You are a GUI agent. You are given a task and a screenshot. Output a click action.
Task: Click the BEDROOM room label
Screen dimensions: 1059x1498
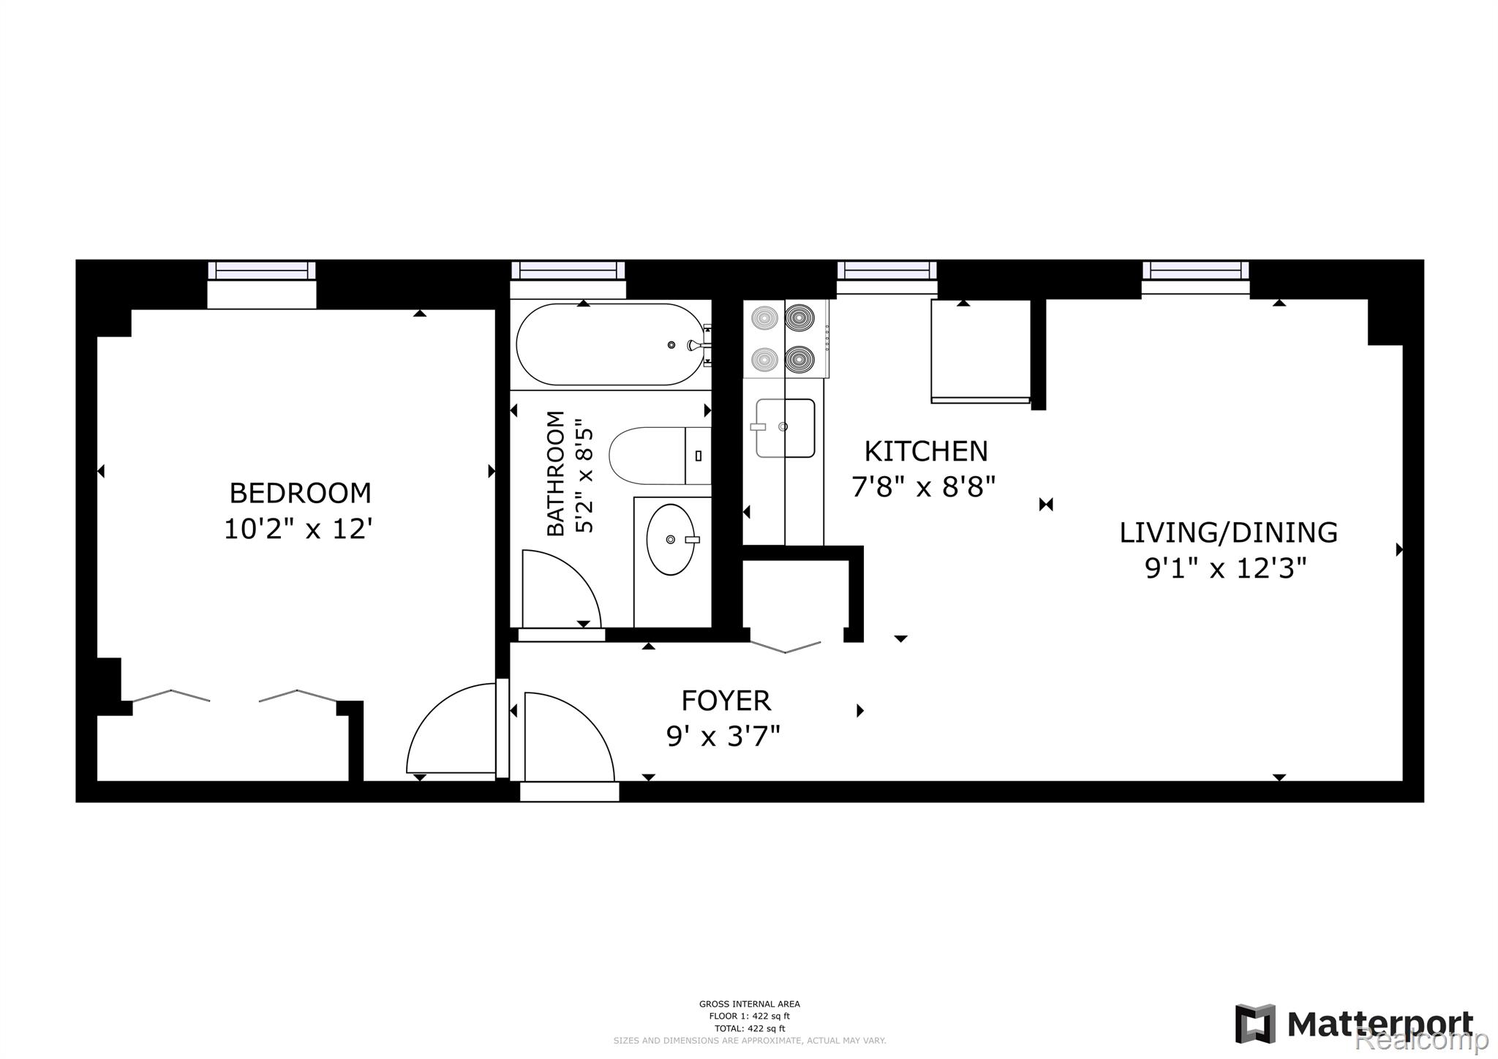click(300, 493)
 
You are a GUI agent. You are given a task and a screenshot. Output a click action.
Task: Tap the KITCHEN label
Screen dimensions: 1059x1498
click(925, 451)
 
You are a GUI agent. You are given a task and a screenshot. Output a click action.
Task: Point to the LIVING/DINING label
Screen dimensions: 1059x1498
click(1228, 532)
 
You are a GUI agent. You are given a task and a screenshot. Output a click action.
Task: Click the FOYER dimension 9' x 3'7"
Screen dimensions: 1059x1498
click(723, 736)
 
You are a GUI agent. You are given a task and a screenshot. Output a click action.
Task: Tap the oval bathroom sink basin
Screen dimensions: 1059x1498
click(670, 539)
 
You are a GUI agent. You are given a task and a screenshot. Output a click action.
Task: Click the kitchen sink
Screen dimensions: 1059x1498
click(785, 428)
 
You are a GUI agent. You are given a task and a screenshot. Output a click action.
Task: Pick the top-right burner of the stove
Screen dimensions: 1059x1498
click(799, 319)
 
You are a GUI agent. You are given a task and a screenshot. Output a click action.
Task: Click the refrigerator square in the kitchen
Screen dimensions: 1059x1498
click(980, 350)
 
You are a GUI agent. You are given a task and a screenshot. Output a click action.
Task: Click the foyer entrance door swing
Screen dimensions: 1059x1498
click(568, 735)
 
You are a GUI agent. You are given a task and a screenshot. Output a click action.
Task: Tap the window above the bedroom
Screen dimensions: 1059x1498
click(261, 270)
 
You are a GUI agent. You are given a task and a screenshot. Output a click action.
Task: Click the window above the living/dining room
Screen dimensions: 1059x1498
click(1195, 270)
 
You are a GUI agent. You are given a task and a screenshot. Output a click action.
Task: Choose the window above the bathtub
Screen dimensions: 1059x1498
click(568, 270)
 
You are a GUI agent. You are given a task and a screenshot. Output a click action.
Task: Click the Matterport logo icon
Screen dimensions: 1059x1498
click(1255, 1023)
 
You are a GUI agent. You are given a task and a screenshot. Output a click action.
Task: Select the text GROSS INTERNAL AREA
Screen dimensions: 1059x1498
click(749, 1004)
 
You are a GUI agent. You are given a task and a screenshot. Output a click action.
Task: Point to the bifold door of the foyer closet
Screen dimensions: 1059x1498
click(785, 647)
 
